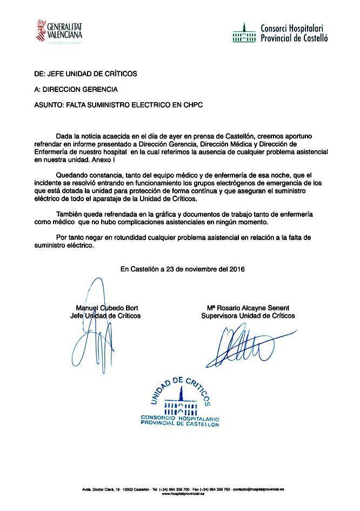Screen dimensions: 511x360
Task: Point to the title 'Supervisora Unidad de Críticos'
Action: pyautogui.click(x=248, y=315)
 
